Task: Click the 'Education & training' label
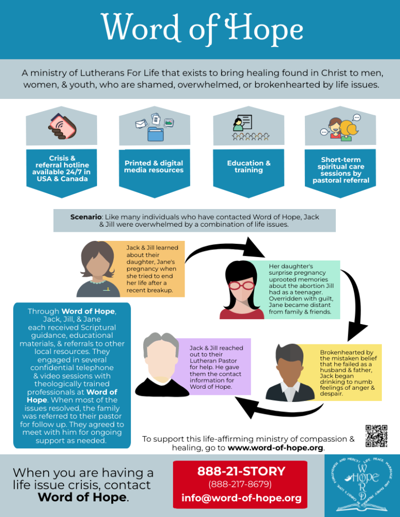[249, 167]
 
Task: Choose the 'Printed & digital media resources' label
[154, 167]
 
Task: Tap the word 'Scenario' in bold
[86, 217]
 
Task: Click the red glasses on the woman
[242, 285]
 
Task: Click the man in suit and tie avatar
[289, 372]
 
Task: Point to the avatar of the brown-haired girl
[98, 268]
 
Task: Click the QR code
[376, 436]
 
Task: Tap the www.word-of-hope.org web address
[275, 448]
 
